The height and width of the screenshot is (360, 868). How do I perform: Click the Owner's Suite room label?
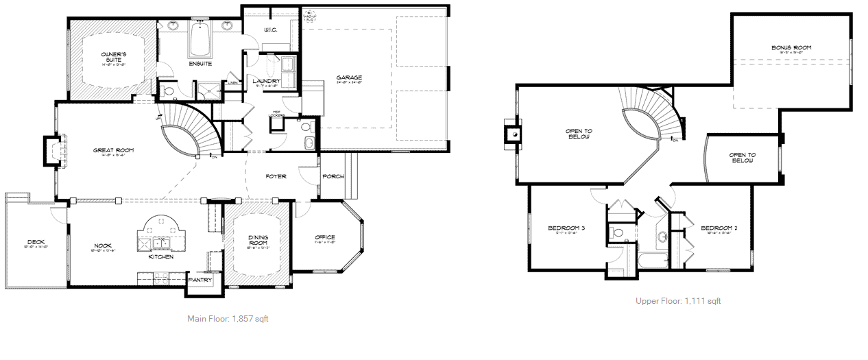pyautogui.click(x=114, y=56)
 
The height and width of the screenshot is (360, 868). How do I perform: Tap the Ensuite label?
pyautogui.click(x=200, y=64)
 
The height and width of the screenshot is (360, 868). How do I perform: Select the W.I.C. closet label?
pyautogui.click(x=270, y=30)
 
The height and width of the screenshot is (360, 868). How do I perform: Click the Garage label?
pyautogui.click(x=349, y=77)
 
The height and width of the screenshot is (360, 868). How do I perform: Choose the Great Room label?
pyautogui.click(x=114, y=150)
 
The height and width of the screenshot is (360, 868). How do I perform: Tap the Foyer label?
pyautogui.click(x=276, y=176)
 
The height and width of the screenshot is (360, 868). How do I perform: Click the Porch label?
pyautogui.click(x=334, y=176)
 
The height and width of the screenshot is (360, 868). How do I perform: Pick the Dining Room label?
pyautogui.click(x=258, y=241)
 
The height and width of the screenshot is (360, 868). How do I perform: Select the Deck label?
pyautogui.click(x=36, y=242)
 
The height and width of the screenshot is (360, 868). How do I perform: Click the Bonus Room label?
pyautogui.click(x=791, y=48)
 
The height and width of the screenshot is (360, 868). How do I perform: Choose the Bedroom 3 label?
pyautogui.click(x=566, y=228)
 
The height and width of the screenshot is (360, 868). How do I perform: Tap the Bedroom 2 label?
pyautogui.click(x=719, y=228)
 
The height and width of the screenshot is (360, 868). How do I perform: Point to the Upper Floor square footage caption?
pyautogui.click(x=678, y=301)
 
